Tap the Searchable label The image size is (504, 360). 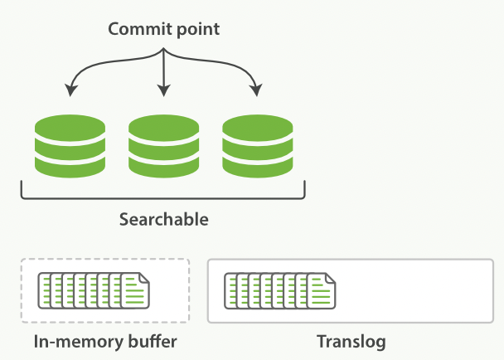[164, 220]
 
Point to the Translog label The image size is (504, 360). [351, 343]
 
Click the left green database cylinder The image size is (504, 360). [70, 146]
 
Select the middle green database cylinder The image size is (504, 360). [164, 146]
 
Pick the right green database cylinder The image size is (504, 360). [258, 146]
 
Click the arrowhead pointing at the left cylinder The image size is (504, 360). [70, 90]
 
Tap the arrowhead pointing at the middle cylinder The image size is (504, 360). [164, 90]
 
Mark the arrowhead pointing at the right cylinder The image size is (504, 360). [256, 90]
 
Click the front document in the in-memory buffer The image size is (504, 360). [135, 290]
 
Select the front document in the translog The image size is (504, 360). [322, 290]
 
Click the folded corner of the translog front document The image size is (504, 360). [331, 278]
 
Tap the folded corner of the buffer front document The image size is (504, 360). [145, 278]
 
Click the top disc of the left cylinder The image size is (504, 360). [70, 127]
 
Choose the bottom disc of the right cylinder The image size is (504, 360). [258, 167]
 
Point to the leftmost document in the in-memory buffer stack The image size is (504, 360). [44, 290]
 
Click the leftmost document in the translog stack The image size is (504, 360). [230, 290]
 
